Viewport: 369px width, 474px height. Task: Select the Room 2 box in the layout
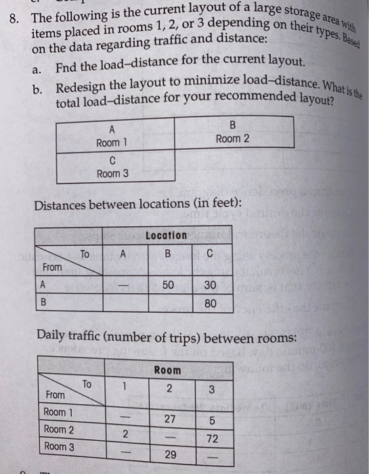point(234,133)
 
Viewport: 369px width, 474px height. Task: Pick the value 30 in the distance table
point(210,286)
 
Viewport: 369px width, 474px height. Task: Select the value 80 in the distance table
point(211,303)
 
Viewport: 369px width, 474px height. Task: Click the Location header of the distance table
point(166,235)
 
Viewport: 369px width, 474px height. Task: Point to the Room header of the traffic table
point(169,370)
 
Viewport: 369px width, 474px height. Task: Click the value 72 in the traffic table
point(212,438)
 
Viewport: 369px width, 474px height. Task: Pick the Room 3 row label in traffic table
point(59,446)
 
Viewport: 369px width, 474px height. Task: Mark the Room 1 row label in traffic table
point(59,412)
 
